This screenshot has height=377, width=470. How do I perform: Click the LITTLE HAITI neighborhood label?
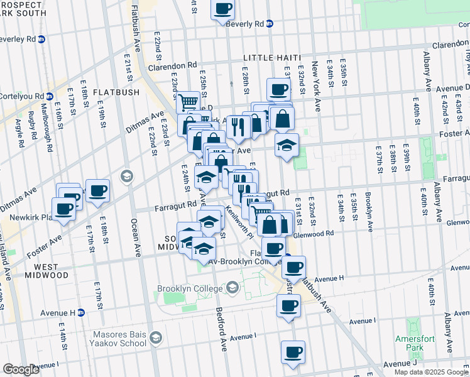point(269,57)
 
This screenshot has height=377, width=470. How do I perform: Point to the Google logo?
point(21,369)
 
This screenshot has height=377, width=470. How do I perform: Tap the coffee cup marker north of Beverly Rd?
point(223,9)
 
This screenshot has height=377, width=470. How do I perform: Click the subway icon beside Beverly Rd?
point(270,24)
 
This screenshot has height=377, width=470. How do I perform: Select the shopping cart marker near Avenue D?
point(189,102)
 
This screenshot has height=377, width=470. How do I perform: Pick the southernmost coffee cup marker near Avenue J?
point(292,352)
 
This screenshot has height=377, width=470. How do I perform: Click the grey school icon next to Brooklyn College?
point(232,288)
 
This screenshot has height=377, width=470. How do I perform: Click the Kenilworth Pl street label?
point(238,222)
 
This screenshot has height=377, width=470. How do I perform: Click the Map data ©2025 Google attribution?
point(431,372)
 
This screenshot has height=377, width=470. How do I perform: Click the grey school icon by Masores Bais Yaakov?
point(155,339)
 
